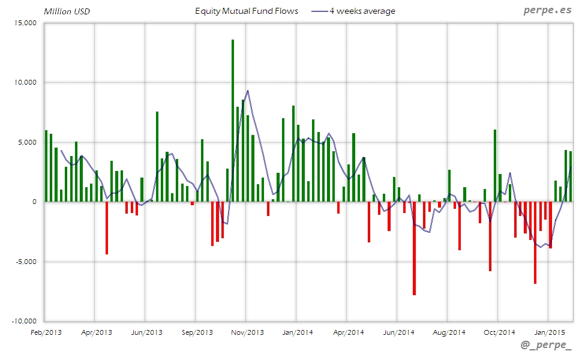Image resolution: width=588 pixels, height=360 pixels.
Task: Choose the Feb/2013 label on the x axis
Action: coord(45,332)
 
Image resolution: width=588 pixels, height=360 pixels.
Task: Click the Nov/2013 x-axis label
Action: coord(247,332)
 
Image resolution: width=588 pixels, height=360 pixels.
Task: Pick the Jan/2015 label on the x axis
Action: coord(548,332)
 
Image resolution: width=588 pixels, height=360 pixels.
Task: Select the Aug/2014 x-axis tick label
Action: coord(448,332)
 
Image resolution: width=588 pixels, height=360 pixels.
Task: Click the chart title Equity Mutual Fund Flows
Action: coord(247,11)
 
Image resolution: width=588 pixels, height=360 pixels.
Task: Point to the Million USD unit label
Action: coord(67,11)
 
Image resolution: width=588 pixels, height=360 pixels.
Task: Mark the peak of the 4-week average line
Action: coord(248,91)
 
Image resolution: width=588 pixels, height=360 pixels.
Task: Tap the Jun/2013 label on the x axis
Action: coord(146,332)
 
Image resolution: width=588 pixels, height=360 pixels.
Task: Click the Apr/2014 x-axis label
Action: coord(348,332)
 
